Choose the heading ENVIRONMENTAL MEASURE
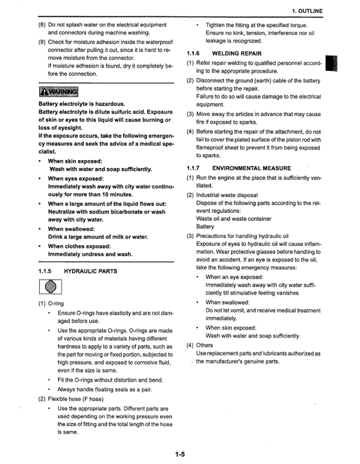click(x=251, y=167)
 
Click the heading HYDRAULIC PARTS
click(x=90, y=271)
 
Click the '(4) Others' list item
click(x=199, y=344)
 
